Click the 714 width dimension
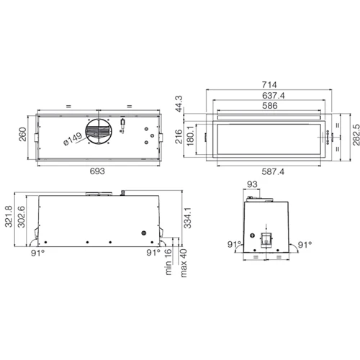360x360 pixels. (269, 85)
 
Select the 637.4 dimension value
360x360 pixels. (274, 96)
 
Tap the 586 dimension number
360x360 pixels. (270, 106)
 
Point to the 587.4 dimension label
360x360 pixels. (273, 171)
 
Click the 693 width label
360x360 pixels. (97, 171)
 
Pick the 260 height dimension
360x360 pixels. (22, 135)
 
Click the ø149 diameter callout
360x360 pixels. (73, 139)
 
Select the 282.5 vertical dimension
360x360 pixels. (356, 135)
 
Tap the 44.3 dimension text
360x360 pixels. (179, 104)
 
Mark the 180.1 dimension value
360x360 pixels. (190, 136)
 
